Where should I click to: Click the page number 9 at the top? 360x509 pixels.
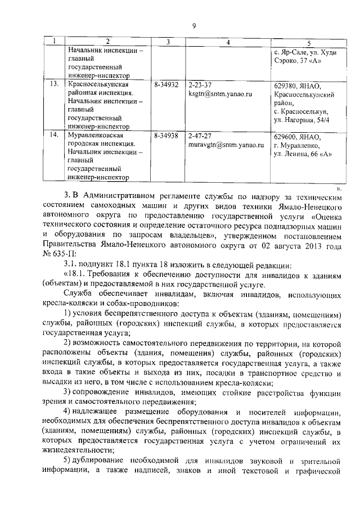(193, 26)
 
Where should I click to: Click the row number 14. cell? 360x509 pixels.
(54, 136)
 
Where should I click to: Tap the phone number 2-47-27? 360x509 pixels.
(200, 136)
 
